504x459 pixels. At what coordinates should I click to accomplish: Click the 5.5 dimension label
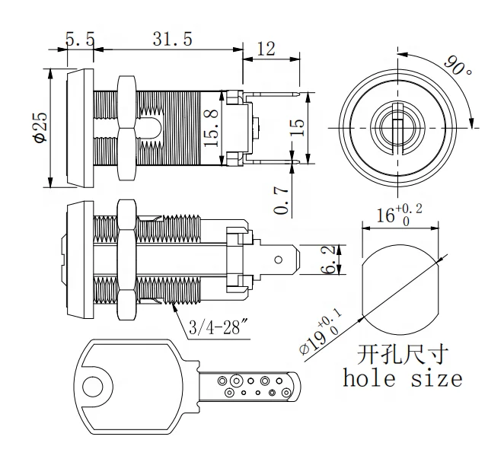click(78, 39)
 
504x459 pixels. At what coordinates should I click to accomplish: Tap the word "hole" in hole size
click(371, 378)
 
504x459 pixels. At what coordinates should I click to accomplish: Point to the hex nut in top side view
click(126, 126)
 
